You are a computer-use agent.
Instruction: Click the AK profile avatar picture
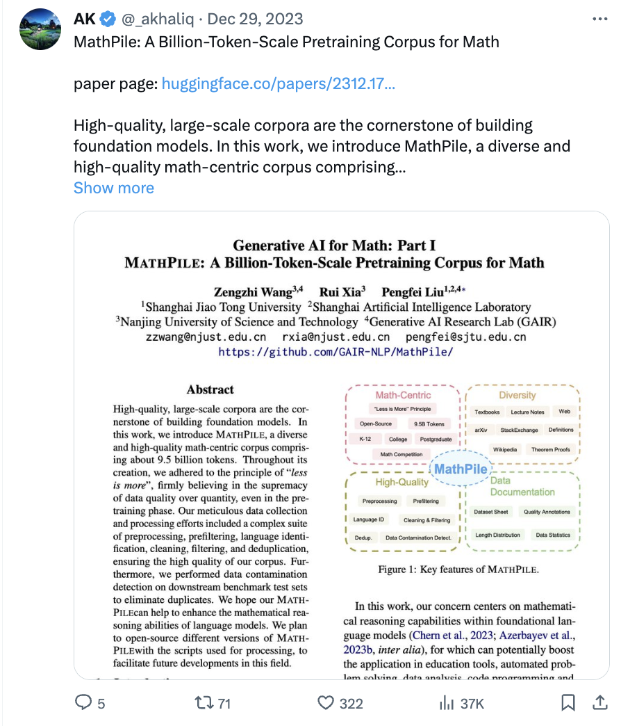(40, 29)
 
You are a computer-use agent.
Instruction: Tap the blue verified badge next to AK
(108, 19)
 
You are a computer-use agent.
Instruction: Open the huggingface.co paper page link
(278, 85)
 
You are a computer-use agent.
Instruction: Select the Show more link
(114, 188)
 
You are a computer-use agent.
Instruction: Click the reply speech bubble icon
(83, 703)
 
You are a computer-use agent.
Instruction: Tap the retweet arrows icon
(203, 703)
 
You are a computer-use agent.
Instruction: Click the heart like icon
(326, 703)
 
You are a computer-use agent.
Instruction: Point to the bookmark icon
(568, 703)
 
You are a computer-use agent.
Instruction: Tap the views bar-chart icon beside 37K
(446, 703)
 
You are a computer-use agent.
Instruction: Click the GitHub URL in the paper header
(336, 352)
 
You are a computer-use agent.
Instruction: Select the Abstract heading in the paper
(210, 389)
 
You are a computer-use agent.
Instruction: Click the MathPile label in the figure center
(461, 469)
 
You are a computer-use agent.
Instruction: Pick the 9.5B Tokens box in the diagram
(429, 423)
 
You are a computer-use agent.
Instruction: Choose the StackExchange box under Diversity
(519, 430)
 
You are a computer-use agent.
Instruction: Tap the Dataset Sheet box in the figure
(492, 512)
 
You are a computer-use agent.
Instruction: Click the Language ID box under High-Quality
(369, 519)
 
